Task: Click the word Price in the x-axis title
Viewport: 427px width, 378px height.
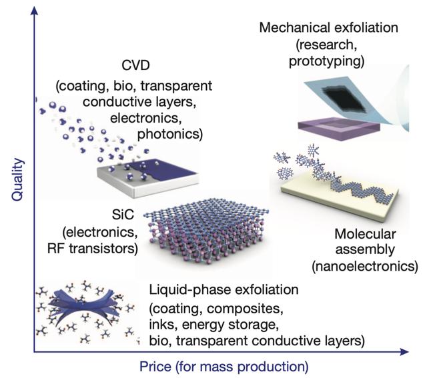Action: point(155,366)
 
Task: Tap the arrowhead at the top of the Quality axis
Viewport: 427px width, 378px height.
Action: point(34,11)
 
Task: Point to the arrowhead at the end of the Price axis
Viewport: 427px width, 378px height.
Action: point(404,351)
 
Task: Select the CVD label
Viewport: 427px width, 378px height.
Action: point(135,65)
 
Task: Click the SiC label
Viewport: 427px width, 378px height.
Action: point(123,215)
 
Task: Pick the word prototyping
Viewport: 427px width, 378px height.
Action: point(326,61)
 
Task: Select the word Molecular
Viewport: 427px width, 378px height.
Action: point(365,234)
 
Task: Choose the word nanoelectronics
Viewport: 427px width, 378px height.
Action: point(365,266)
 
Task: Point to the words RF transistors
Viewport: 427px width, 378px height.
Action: point(93,249)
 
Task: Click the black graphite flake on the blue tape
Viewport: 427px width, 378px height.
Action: point(344,99)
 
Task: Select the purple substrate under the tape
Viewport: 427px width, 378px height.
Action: point(338,126)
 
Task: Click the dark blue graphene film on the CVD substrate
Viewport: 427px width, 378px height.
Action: point(164,168)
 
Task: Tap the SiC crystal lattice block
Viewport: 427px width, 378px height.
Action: point(206,232)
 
